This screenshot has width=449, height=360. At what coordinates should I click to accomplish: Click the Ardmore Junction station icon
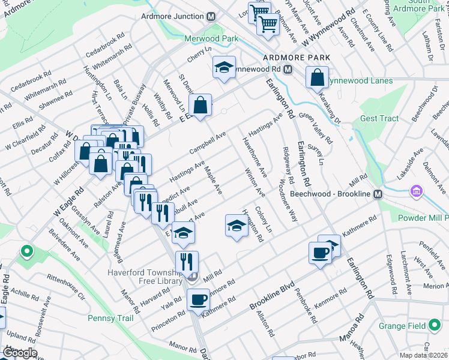click(x=211, y=17)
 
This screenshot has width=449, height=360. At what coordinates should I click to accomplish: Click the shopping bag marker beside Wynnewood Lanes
click(x=317, y=79)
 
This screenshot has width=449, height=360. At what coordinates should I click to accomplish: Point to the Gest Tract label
click(x=379, y=118)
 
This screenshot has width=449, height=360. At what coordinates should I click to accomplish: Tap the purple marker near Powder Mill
click(x=415, y=191)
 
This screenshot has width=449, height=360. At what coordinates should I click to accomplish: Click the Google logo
click(x=19, y=353)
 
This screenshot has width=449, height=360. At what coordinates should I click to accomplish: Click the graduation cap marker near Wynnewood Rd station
click(x=224, y=68)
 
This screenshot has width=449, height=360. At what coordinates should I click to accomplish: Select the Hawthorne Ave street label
click(x=254, y=155)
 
